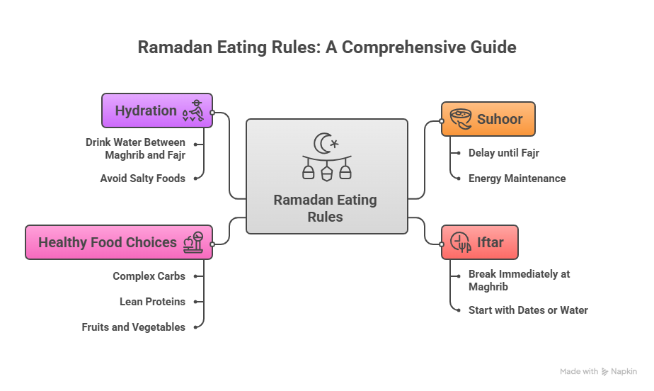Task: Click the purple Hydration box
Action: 156,110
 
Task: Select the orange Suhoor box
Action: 488,119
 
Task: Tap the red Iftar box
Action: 479,242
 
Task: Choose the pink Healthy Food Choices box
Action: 118,242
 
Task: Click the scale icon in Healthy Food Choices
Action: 193,242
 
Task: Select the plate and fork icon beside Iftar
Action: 461,242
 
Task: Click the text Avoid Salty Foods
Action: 142,178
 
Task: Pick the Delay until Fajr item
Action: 504,153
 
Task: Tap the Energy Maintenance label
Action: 517,178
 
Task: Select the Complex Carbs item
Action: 149,276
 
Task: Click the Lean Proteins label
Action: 152,302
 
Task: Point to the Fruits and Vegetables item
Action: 133,327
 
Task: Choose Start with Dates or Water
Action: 528,310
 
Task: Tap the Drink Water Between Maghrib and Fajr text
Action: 135,148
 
